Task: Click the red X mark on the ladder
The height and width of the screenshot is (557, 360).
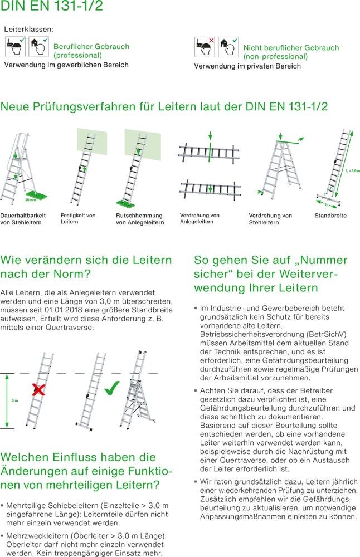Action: (x=38, y=389)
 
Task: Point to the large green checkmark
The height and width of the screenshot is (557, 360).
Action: (x=113, y=387)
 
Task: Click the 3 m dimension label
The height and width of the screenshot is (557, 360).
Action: (x=15, y=400)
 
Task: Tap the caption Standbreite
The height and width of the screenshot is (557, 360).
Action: (x=330, y=215)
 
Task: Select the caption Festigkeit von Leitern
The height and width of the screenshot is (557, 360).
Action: (x=77, y=218)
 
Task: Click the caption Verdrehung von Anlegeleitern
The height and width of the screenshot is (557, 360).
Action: (x=200, y=218)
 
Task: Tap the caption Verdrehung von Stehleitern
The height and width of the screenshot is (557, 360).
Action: (x=270, y=219)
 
